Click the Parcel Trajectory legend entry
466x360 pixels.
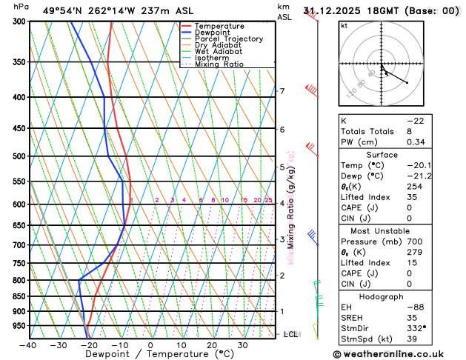[x=228, y=39]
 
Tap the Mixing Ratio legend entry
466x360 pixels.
[x=219, y=64]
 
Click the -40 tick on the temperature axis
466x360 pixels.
[x=29, y=344]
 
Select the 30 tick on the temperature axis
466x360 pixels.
[x=242, y=344]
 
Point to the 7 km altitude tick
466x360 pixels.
[x=282, y=91]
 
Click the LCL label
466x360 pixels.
[x=292, y=334]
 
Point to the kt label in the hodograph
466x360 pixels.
[x=344, y=26]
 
